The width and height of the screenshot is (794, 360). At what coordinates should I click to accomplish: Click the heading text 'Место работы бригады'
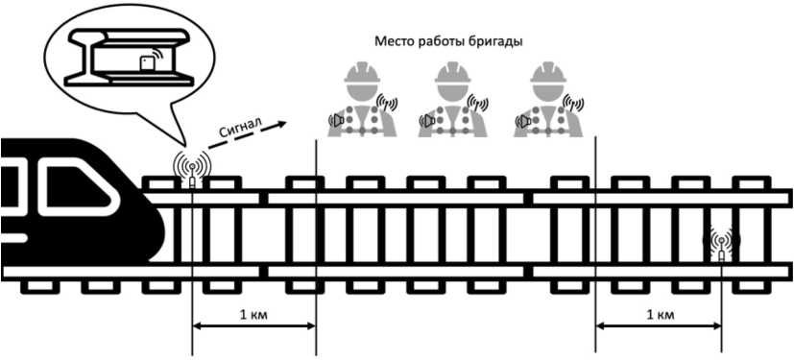(x=448, y=41)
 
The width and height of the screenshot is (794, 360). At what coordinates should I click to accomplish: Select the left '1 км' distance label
(x=253, y=315)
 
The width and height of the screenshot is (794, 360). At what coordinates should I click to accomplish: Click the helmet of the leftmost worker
(x=362, y=72)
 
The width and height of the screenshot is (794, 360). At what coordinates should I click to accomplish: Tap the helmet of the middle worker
(x=453, y=72)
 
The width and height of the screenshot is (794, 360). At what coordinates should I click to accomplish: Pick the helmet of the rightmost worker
(x=548, y=72)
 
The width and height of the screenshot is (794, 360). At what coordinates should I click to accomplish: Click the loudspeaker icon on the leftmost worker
(x=337, y=121)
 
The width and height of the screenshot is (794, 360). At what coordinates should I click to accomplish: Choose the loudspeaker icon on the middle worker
(x=427, y=121)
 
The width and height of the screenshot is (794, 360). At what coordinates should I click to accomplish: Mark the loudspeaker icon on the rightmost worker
(x=522, y=121)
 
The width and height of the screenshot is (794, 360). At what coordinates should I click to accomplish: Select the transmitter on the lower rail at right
(x=721, y=244)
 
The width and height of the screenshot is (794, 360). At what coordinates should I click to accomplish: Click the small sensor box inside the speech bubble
(x=147, y=63)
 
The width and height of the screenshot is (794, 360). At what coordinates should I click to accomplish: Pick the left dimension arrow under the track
(x=254, y=326)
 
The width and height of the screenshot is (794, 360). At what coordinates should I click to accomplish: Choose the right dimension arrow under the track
(x=659, y=326)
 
